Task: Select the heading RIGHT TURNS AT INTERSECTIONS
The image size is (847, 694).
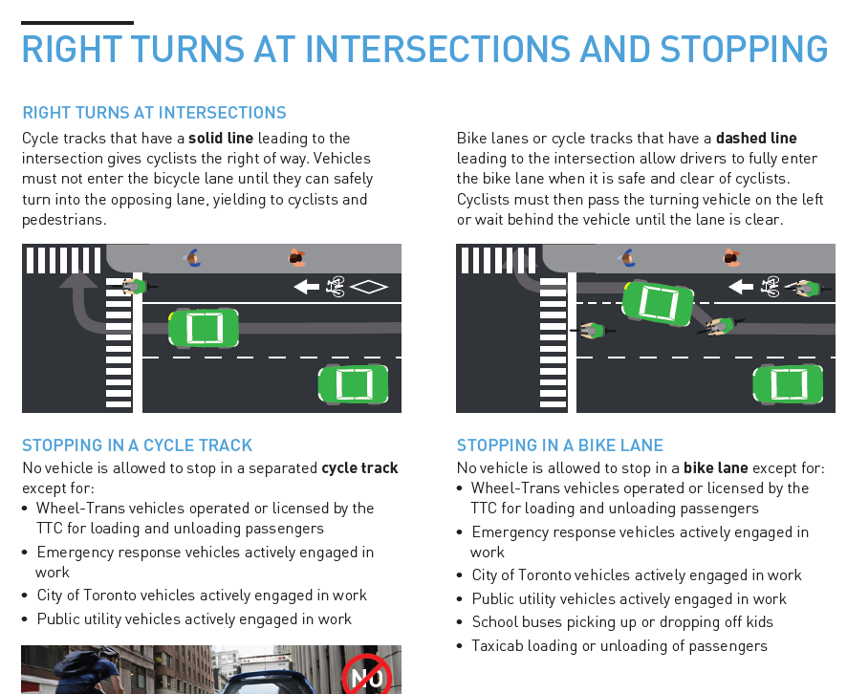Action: tap(154, 113)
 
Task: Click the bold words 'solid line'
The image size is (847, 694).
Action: tap(221, 139)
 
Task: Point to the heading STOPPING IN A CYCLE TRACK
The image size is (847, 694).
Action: tap(137, 445)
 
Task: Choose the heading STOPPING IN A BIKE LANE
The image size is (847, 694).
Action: tap(559, 445)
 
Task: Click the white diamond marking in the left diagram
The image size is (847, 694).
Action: tap(369, 286)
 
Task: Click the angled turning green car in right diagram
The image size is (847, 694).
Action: tap(658, 303)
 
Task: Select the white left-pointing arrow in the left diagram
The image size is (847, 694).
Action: tap(306, 286)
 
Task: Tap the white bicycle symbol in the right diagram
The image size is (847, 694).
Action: tap(770, 286)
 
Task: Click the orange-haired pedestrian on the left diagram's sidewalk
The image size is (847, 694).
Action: tap(296, 258)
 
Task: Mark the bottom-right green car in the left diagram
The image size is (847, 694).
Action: tap(354, 383)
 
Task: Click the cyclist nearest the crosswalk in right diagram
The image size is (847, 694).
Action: tap(591, 331)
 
